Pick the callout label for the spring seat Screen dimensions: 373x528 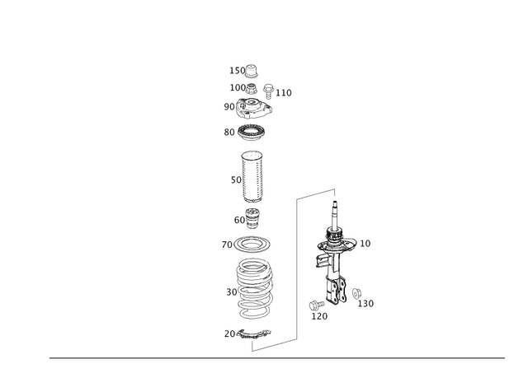point(224,245)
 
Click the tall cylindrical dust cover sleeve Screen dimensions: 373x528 point(252,177)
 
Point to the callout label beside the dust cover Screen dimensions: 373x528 point(233,178)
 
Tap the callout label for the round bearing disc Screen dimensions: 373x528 point(227,132)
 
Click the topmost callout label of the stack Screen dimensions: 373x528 point(233,68)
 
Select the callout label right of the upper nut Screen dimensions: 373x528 point(285,91)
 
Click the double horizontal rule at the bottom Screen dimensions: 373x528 point(276,358)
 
